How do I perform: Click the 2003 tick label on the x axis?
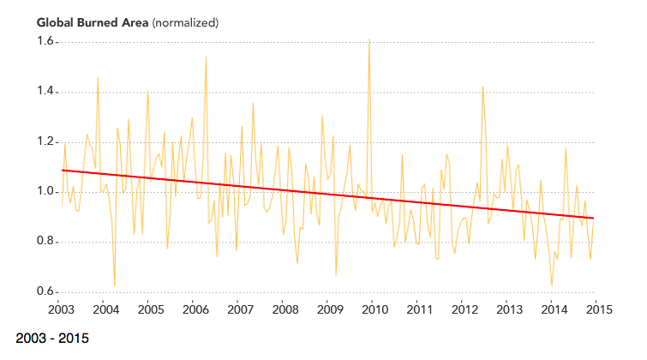click(x=59, y=309)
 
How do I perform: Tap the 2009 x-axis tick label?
click(x=329, y=309)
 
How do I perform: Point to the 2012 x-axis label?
click(x=464, y=309)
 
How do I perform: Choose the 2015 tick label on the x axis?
click(x=599, y=309)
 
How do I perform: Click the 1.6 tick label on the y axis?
click(x=45, y=42)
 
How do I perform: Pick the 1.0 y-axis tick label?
click(x=45, y=192)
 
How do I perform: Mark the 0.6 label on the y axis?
click(x=45, y=292)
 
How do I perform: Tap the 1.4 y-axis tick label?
click(x=45, y=92)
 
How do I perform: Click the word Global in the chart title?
click(x=55, y=20)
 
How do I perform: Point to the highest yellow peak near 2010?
click(x=368, y=39)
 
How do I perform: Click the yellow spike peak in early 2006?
click(x=206, y=57)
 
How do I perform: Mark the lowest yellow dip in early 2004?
click(x=114, y=285)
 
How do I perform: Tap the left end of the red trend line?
click(x=63, y=171)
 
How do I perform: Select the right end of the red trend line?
click(x=592, y=218)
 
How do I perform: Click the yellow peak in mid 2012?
click(x=482, y=87)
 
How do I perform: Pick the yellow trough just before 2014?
click(x=552, y=285)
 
